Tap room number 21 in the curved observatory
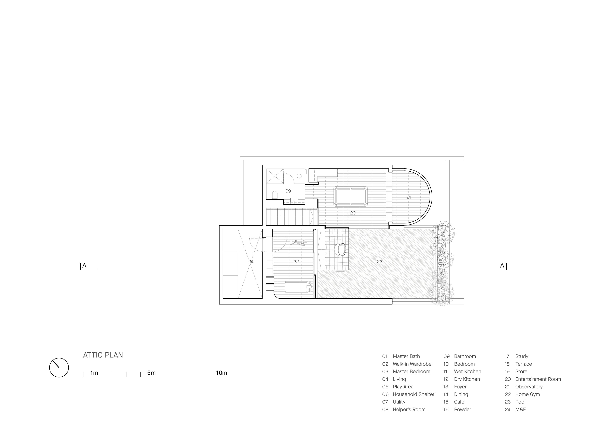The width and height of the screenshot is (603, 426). pos(408,197)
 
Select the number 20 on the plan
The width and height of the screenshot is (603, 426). pos(353,213)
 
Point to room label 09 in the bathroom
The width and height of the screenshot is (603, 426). pos(288,191)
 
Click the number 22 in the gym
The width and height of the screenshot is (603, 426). pos(296,261)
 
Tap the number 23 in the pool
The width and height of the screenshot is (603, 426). pos(379,261)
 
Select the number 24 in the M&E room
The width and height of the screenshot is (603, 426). pos(251,261)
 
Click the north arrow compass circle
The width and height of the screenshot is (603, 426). pos(59,368)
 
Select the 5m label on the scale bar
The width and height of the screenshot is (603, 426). pos(151,373)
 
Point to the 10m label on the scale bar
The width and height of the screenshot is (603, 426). pos(221,373)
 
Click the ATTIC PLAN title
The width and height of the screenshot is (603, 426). pos(103,355)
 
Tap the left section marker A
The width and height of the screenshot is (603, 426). pos(84,265)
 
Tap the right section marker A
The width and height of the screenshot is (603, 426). pos(502,265)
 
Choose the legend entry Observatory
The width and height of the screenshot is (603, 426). pos(529,387)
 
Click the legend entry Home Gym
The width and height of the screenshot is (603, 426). pos(528,394)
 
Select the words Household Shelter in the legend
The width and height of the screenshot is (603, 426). pos(414,394)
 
